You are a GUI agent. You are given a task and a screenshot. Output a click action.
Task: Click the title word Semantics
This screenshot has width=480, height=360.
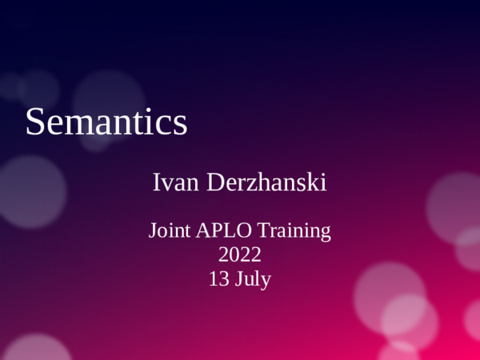pyautogui.click(x=106, y=122)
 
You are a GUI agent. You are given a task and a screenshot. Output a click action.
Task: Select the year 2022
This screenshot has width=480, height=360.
pyautogui.click(x=240, y=256)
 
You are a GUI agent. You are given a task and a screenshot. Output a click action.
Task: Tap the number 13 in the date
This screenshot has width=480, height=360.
pyautogui.click(x=218, y=280)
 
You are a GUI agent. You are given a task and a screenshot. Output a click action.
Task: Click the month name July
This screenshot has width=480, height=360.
pyautogui.click(x=252, y=281)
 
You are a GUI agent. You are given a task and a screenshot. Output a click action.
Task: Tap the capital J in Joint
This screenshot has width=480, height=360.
pyautogui.click(x=153, y=233)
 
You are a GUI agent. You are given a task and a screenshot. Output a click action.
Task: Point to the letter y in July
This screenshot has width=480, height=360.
pyautogui.click(x=266, y=283)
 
